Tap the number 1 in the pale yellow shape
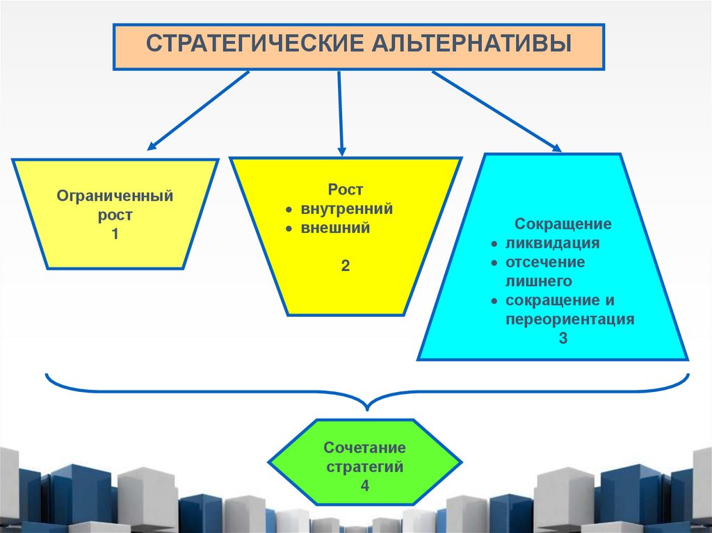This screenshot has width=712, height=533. coord(115,235)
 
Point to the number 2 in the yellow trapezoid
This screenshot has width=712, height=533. coord(346,265)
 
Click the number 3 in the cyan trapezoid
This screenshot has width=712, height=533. coord(563,339)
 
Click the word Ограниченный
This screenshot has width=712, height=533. coord(115,196)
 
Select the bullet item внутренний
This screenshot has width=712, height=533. coord(347,208)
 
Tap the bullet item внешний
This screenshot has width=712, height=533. coord(335,227)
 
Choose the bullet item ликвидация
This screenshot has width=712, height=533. coord(553,244)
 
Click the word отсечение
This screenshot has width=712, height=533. coord(545,263)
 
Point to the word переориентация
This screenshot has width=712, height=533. coord(570,320)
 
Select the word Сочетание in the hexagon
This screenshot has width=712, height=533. coord(364,448)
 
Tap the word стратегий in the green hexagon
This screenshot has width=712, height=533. coord(364,467)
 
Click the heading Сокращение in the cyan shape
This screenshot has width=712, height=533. coord(563,224)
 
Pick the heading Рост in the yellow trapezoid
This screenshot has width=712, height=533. coord(346,189)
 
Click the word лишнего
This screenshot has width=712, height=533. coord(539,281)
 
